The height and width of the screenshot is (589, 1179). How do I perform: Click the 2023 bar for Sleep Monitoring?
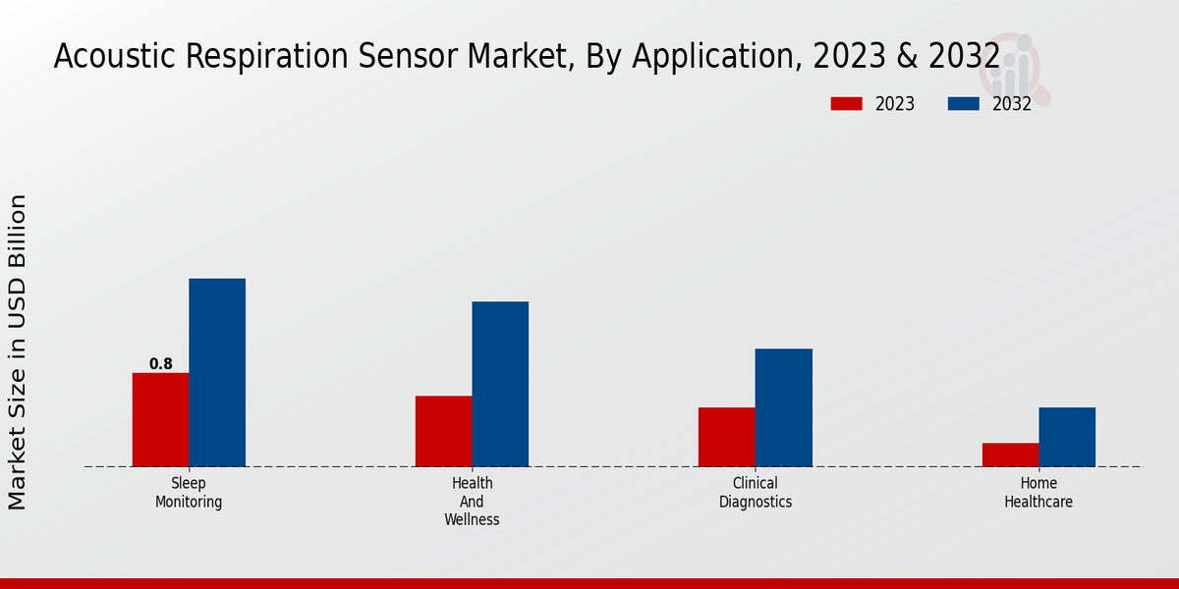[160, 419]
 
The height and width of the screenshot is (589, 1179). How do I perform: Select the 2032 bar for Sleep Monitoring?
[217, 372]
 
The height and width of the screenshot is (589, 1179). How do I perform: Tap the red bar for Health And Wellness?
[443, 431]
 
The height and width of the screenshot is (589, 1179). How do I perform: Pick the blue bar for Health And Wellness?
[500, 384]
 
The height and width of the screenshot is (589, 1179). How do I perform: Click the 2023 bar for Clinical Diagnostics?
[727, 437]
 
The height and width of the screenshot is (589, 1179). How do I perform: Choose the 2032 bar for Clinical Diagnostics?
[783, 407]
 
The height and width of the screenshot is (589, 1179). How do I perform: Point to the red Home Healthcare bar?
[1010, 455]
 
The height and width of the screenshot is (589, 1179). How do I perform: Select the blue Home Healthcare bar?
[1067, 437]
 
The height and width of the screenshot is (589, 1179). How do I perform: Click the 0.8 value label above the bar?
[160, 364]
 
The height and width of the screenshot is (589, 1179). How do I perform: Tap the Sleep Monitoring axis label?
[189, 493]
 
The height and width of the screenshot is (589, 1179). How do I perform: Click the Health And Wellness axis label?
[472, 502]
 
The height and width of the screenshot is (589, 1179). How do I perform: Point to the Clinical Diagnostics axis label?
[755, 493]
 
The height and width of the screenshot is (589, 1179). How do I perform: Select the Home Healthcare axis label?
[1039, 493]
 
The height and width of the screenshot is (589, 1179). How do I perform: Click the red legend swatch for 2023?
[846, 104]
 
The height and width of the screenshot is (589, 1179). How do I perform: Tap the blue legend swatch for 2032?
[963, 104]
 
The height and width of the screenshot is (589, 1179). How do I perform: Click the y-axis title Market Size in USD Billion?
[18, 351]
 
